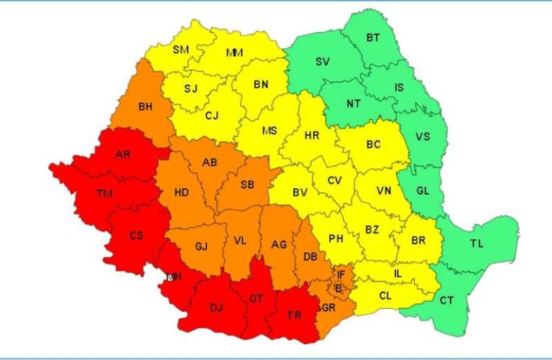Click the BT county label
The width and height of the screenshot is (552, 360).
point(374,37)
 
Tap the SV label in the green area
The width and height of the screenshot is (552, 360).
point(323,62)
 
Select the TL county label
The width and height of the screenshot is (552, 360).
point(477,244)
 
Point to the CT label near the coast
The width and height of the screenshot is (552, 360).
point(446,300)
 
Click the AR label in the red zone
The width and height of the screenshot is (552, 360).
point(123,154)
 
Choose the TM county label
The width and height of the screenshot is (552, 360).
point(104,193)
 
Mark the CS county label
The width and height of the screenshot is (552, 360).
point(137,236)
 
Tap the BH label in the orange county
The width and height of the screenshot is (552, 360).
point(145,107)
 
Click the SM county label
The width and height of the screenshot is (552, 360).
point(180,50)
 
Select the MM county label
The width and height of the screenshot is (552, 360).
point(234,53)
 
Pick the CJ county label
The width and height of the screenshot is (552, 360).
point(212,115)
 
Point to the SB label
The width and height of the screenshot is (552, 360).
point(247,185)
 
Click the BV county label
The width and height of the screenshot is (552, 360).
point(300,193)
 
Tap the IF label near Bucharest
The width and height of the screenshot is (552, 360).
point(341,274)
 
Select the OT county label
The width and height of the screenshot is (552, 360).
point(257,298)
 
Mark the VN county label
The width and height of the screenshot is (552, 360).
point(384,193)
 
